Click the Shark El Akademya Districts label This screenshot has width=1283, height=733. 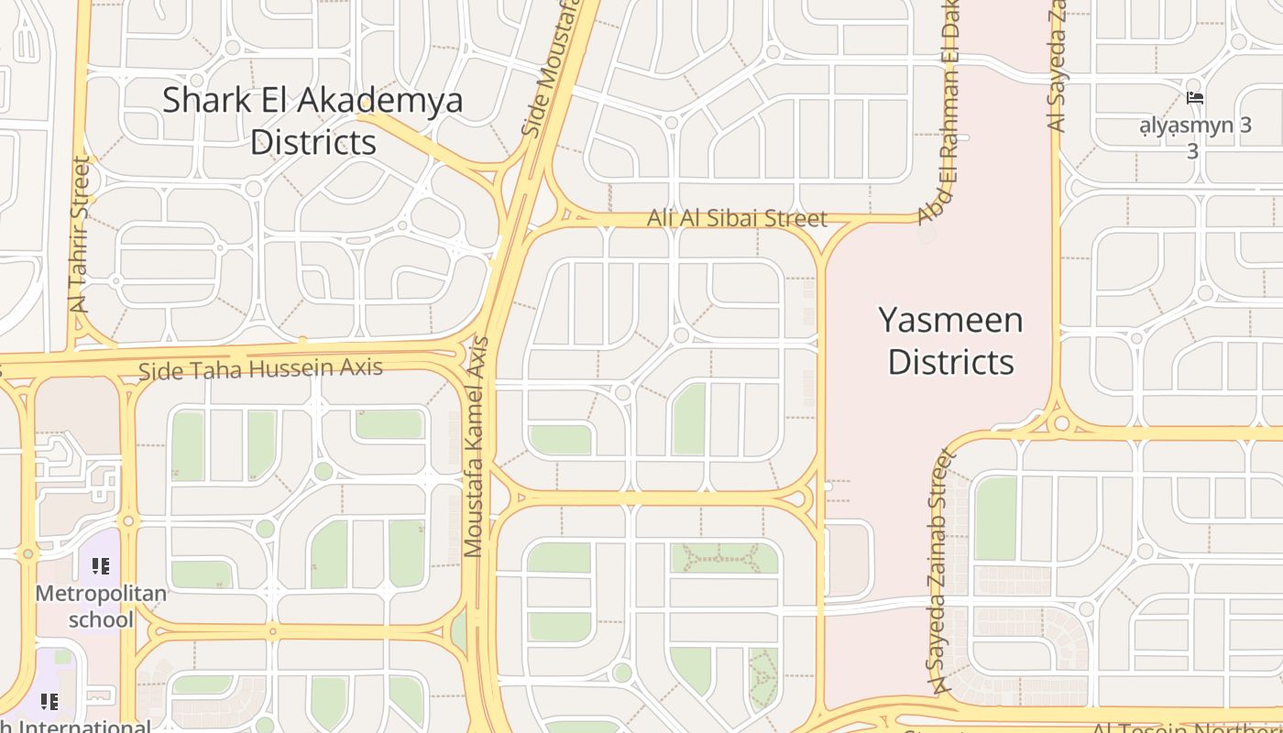tap(313, 121)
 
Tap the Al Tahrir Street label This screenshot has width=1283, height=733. tap(82, 235)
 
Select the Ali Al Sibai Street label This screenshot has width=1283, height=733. tap(737, 218)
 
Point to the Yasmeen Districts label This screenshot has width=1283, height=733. tap(950, 341)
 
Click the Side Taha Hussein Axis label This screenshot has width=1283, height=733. tap(260, 369)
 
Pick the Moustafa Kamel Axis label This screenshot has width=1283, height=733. tap(476, 447)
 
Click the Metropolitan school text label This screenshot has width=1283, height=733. tap(101, 607)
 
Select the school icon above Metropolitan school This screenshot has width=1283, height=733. tap(101, 566)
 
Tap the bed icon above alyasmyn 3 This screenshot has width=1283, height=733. tap(1194, 98)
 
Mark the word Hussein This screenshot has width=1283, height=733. tap(284, 368)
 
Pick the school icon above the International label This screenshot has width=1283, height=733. tap(49, 702)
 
